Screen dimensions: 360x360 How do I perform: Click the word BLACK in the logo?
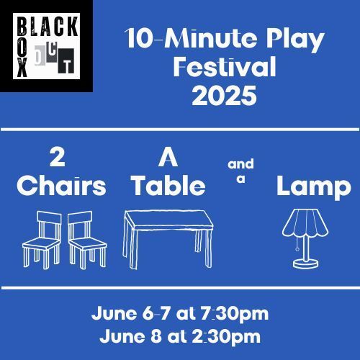[48, 27]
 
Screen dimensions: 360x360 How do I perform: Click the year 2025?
[224, 96]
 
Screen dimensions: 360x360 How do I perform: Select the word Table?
[169, 186]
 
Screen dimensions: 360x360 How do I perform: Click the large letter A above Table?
[168, 158]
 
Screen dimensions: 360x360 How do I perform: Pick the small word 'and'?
[240, 164]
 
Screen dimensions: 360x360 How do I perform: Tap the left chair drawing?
[42, 240]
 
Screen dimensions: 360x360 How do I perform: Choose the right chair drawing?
[87, 240]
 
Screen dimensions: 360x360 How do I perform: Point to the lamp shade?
[305, 222]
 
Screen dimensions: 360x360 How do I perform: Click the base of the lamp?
[306, 264]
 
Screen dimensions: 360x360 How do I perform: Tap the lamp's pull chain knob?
[297, 249]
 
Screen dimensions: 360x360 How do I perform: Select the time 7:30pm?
[235, 315]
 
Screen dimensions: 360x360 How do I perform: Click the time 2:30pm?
[226, 338]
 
